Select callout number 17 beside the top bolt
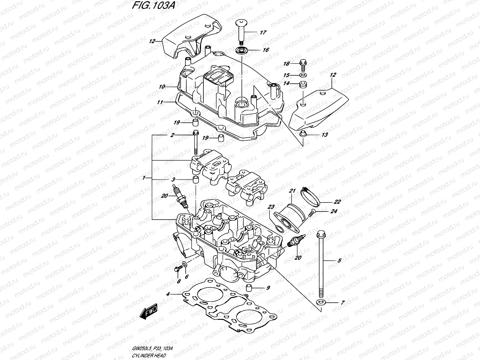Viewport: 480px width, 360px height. [263, 32]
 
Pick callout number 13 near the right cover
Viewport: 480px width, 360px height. [325, 135]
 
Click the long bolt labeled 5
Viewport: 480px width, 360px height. [321, 264]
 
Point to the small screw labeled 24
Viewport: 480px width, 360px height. [311, 213]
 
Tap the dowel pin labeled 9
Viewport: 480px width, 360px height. [248, 288]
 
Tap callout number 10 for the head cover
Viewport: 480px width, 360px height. [162, 87]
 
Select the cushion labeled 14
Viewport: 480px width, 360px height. [303, 84]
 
